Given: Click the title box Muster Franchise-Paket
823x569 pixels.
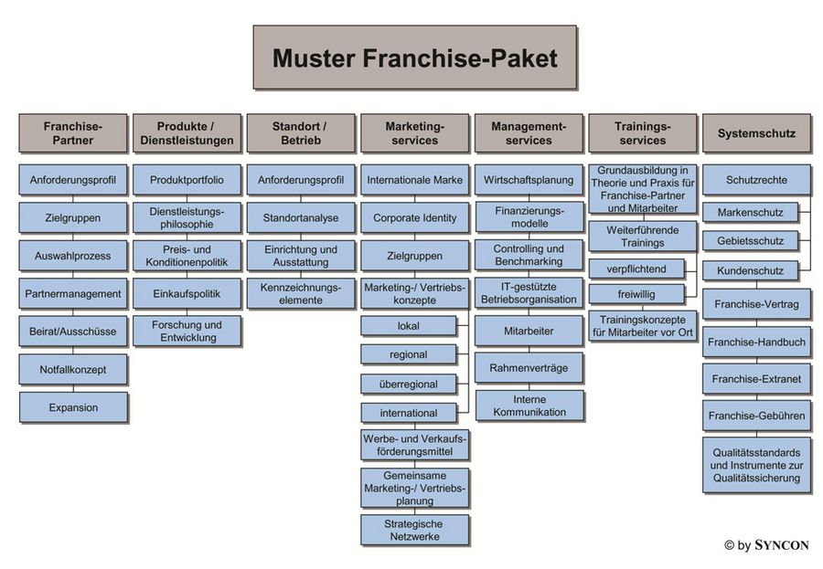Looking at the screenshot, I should point(414,58).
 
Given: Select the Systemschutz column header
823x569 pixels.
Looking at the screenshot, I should point(755,133).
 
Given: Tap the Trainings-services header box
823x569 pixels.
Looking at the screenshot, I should point(641,133).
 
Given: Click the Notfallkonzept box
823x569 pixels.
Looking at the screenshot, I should point(72,370).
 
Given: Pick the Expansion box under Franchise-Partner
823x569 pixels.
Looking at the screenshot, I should point(72,407).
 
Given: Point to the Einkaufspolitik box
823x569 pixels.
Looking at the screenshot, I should point(187,293).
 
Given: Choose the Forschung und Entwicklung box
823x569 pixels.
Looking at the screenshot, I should point(187,332).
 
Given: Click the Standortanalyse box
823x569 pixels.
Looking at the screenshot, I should point(300,218).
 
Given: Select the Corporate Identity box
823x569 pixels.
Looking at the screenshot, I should point(414,218).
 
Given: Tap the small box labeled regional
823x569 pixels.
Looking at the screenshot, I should point(408,354).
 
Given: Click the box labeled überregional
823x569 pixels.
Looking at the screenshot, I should point(408,384).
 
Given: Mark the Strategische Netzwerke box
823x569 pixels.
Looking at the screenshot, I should point(414,530).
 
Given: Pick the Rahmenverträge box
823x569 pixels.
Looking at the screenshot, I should point(529,368).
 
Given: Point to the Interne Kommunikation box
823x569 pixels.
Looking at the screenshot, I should point(529,406).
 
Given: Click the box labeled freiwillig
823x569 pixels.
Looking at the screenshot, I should point(635,294).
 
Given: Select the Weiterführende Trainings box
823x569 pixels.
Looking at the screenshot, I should point(641,237).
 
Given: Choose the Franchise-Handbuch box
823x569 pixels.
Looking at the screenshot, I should point(756,342).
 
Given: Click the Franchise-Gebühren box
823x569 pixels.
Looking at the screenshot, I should point(756,416).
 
